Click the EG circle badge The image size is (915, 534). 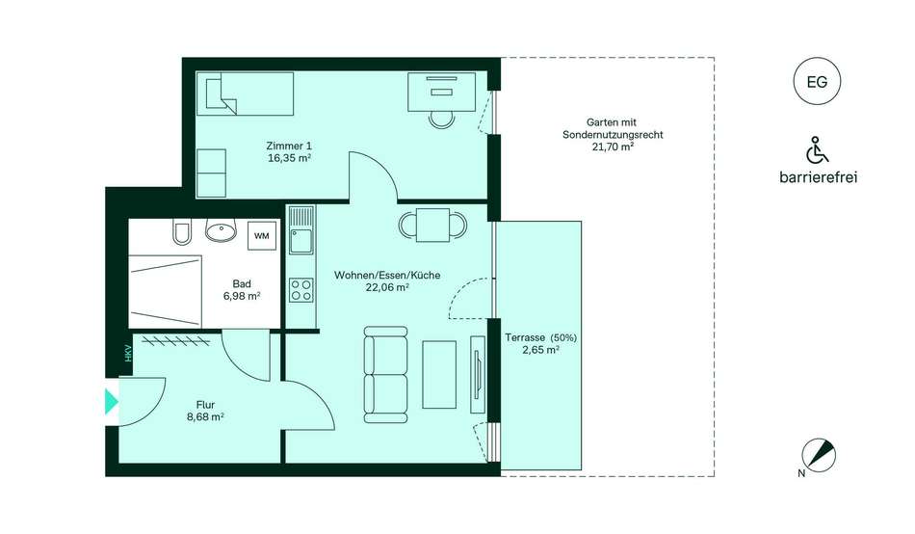(x=817, y=81)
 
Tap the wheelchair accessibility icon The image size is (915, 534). (x=817, y=150)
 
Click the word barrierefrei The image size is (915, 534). (x=818, y=177)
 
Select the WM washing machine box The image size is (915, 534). (x=262, y=235)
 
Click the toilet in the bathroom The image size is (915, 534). (x=181, y=232)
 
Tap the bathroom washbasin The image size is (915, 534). (x=222, y=230)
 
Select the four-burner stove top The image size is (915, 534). (x=301, y=290)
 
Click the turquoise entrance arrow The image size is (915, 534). (x=111, y=401)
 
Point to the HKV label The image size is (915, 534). (x=128, y=354)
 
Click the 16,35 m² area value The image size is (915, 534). (x=289, y=158)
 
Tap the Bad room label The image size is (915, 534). (x=242, y=284)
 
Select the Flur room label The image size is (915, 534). (x=205, y=404)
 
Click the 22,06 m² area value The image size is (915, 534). (x=387, y=287)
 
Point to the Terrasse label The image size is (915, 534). (x=525, y=337)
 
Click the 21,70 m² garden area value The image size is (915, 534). (x=613, y=147)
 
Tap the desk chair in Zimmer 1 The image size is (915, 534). (x=441, y=120)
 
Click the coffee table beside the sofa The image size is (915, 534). (x=439, y=375)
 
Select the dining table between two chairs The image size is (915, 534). (x=433, y=225)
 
